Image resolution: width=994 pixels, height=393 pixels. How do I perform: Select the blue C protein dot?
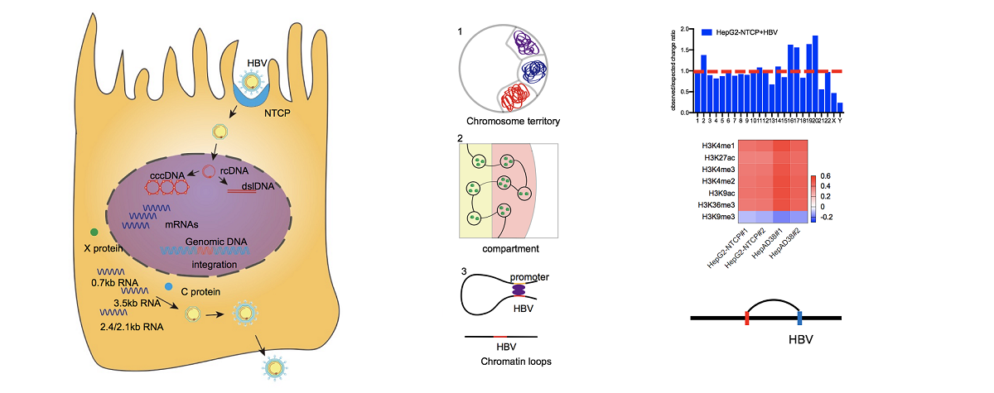point(167,287)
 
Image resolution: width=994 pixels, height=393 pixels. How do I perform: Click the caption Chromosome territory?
point(513,122)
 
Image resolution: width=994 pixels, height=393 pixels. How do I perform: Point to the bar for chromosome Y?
point(841,108)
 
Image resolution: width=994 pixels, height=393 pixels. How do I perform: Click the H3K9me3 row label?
point(715,216)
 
